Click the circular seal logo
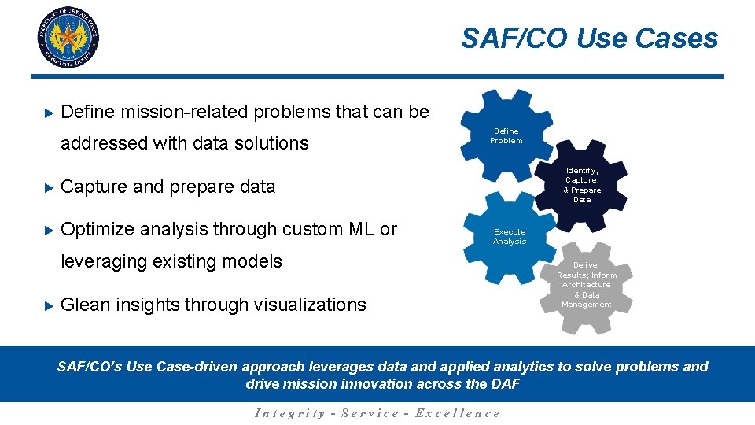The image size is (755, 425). click(x=68, y=37)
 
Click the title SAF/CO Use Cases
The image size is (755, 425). click(x=589, y=39)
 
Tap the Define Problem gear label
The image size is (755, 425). click(x=506, y=136)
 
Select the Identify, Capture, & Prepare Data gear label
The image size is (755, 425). click(x=582, y=185)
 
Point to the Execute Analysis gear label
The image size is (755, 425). click(x=509, y=237)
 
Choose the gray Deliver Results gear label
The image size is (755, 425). click(x=587, y=285)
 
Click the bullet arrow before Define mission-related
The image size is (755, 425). click(x=48, y=113)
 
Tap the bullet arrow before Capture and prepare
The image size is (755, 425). click(x=48, y=187)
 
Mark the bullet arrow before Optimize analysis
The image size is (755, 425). click(x=48, y=230)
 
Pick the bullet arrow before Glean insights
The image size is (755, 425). click(x=48, y=305)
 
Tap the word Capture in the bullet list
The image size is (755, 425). click(x=94, y=187)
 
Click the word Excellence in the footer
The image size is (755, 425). click(x=457, y=413)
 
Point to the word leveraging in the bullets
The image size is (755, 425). click(x=102, y=261)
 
